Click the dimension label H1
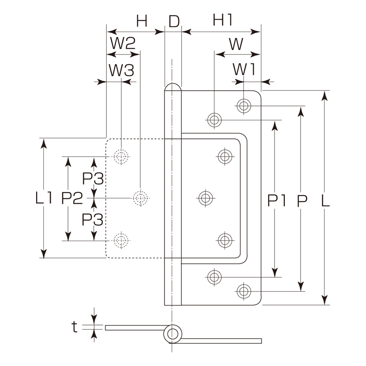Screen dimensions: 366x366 [x=223, y=20]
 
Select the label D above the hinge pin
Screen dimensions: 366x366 [x=174, y=21]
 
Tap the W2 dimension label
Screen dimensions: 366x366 [x=123, y=43]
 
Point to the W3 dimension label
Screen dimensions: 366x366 [x=122, y=70]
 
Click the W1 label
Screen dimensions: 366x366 [x=244, y=69]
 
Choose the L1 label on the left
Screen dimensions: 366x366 [x=44, y=197]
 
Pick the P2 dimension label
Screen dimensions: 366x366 [x=72, y=198]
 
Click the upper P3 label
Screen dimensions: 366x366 [x=93, y=179]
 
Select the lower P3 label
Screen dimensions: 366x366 [x=92, y=220]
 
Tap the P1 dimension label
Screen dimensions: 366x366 [x=277, y=201]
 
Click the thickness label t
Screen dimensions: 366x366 [x=74, y=327]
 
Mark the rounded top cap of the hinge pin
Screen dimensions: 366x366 [x=173, y=87]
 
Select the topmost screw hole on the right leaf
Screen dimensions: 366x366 [x=244, y=106]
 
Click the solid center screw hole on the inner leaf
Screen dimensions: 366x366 [x=206, y=198]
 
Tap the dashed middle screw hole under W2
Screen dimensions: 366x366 [x=141, y=198]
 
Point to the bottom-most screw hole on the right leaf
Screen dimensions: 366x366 [x=244, y=291]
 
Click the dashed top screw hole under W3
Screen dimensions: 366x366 [x=121, y=156]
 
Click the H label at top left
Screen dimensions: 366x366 [x=142, y=21]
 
